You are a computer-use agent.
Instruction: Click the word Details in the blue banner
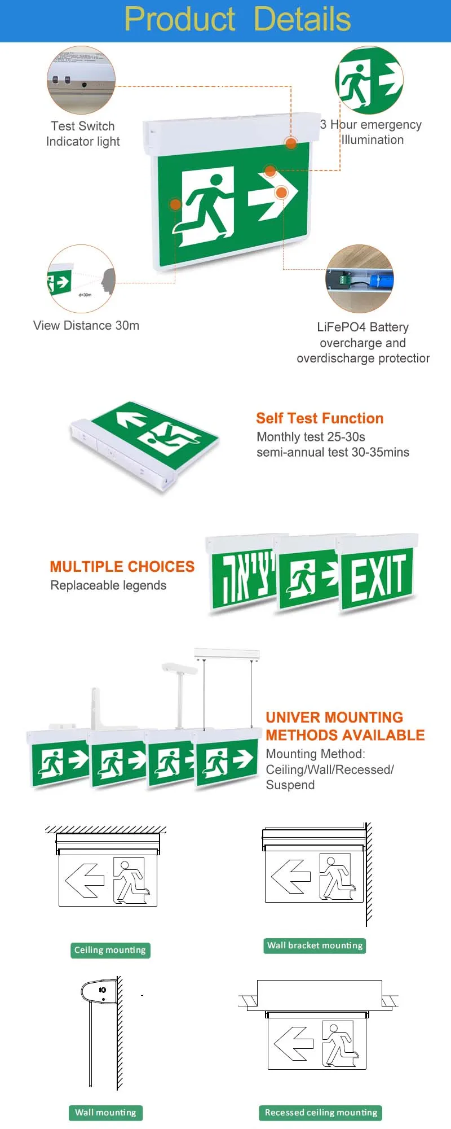tap(302, 19)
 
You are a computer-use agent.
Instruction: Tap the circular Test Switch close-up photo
tap(82, 80)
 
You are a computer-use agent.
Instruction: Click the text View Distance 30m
tap(86, 325)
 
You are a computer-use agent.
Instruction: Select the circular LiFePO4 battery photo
tap(359, 279)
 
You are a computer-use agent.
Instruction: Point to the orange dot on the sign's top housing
tap(291, 143)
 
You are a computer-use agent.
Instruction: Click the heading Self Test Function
tap(320, 418)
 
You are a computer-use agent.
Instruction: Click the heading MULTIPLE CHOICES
tap(122, 567)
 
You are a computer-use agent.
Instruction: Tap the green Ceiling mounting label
tap(110, 950)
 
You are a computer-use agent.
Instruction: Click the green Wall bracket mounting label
tap(315, 946)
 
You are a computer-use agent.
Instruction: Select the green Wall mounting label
tap(105, 1113)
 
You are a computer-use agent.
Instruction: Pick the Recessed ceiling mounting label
tap(321, 1113)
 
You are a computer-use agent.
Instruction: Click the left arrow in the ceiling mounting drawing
tap(85, 880)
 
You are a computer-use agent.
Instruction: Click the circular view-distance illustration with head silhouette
tap(81, 279)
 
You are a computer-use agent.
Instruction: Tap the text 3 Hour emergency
tap(370, 125)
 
